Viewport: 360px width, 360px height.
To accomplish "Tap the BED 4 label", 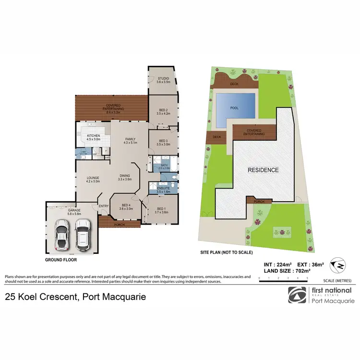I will pyautogui.click(x=125, y=206).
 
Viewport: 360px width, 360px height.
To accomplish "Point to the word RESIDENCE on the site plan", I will pyautogui.click(x=263, y=170).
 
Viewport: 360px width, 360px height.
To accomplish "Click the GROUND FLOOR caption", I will pyautogui.click(x=61, y=260).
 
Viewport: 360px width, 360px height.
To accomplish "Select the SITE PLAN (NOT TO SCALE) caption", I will pyautogui.click(x=226, y=252).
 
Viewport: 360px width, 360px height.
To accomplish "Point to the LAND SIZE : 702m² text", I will pyautogui.click(x=286, y=271).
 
